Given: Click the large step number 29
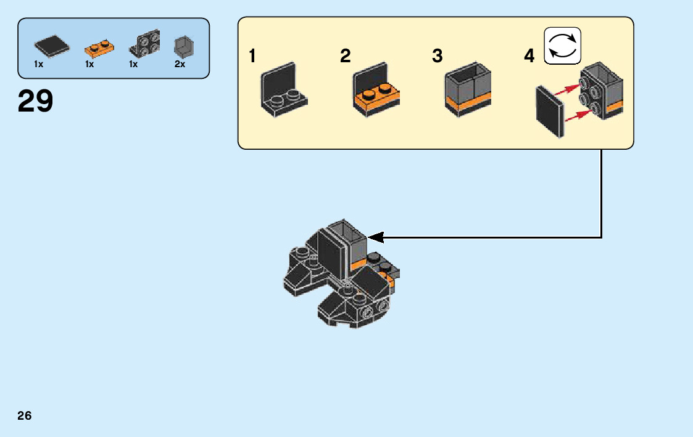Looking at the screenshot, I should [x=35, y=102].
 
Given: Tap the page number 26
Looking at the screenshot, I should [x=25, y=415].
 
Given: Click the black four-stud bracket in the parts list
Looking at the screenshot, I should [x=144, y=44].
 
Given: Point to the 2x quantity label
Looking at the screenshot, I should [x=180, y=64].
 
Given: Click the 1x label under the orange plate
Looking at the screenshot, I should [x=89, y=64].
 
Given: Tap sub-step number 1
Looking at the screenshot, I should [x=252, y=57].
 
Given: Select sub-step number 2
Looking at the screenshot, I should [x=345, y=57].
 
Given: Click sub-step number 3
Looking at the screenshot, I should [x=438, y=57].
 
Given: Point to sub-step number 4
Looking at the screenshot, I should [x=529, y=57].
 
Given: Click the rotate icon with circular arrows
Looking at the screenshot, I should [x=562, y=46].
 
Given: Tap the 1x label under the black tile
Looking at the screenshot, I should [x=39, y=64].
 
